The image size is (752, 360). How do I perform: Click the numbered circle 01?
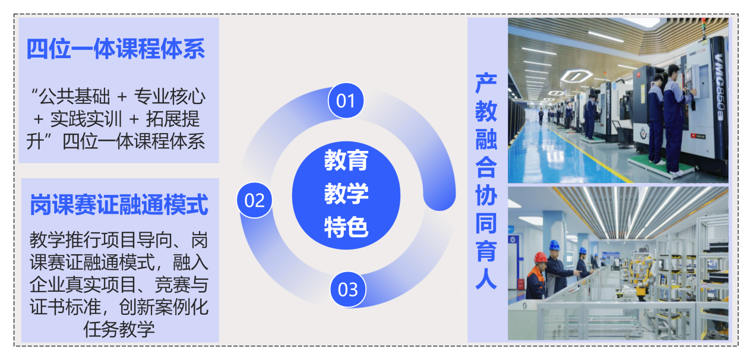346,101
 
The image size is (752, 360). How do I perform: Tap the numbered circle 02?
254,200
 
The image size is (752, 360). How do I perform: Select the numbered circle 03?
348,289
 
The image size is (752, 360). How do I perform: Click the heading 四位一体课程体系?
116,49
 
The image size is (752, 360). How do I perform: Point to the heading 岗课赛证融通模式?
119,204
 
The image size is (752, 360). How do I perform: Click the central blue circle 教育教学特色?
346,195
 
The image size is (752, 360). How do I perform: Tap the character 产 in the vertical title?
486,83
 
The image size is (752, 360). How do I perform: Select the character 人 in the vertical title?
486,279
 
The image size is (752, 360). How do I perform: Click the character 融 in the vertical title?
486,139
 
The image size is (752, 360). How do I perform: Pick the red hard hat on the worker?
541,257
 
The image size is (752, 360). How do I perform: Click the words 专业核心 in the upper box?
169,97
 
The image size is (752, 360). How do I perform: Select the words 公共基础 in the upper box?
74,97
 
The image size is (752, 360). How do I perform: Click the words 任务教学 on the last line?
119,329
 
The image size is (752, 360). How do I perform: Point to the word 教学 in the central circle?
346,194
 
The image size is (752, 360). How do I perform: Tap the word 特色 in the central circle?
346,228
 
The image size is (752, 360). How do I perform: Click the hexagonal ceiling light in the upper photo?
576,75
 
